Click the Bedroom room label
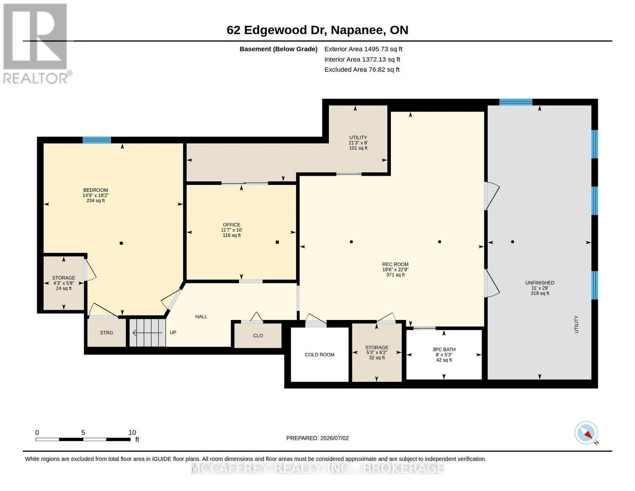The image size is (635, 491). pyautogui.click(x=95, y=190)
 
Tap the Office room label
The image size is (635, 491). pyautogui.click(x=231, y=225)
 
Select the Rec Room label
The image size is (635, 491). pyautogui.click(x=395, y=264)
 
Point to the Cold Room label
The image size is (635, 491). pyautogui.click(x=319, y=355)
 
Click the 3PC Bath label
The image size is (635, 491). pyautogui.click(x=444, y=349)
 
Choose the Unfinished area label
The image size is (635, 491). pyautogui.click(x=539, y=283)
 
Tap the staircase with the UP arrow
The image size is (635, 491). pyautogui.click(x=148, y=333)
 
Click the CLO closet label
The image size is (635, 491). pyautogui.click(x=258, y=336)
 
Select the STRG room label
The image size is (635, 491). pyautogui.click(x=106, y=333)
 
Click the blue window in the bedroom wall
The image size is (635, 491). pyautogui.click(x=97, y=140)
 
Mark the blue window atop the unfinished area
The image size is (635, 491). pyautogui.click(x=516, y=102)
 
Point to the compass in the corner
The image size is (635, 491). pyautogui.click(x=586, y=433)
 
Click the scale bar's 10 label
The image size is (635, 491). pyautogui.click(x=132, y=432)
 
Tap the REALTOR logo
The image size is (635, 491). pyautogui.click(x=37, y=44)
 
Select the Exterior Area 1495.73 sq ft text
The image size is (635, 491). pyautogui.click(x=363, y=49)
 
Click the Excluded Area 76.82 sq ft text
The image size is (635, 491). pyautogui.click(x=362, y=70)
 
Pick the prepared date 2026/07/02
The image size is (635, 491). pyautogui.click(x=334, y=438)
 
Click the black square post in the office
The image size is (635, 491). pyautogui.click(x=277, y=242)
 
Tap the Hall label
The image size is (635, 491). pyautogui.click(x=201, y=317)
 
